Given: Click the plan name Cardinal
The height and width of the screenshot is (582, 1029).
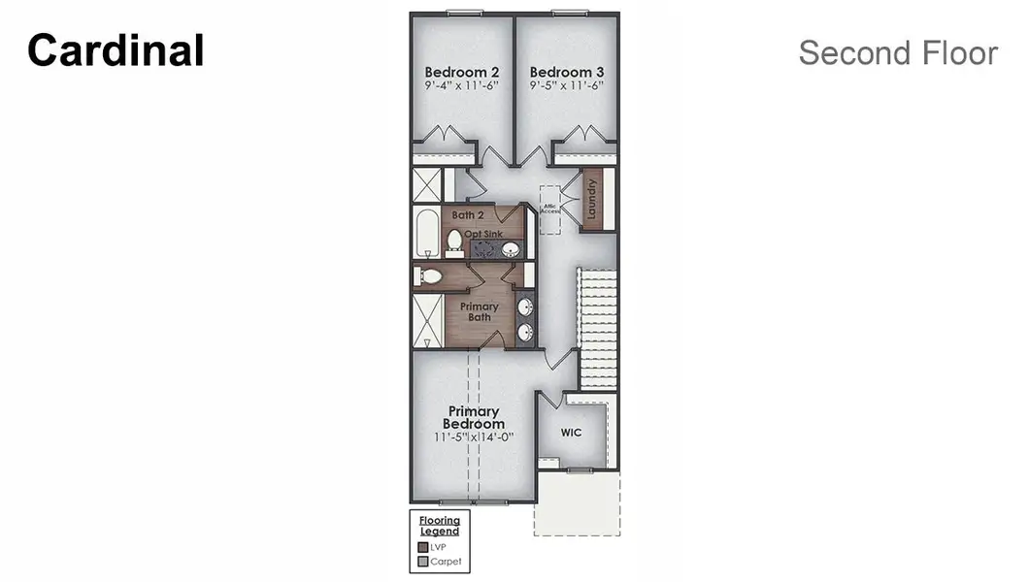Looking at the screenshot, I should pyautogui.click(x=116, y=50).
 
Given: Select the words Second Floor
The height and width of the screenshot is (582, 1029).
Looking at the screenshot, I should pyautogui.click(x=898, y=53).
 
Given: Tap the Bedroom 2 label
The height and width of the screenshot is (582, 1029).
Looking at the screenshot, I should pyautogui.click(x=462, y=72).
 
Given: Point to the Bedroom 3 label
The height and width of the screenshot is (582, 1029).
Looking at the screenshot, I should pyautogui.click(x=567, y=72).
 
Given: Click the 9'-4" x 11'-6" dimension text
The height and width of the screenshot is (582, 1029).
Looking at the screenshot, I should pyautogui.click(x=462, y=85).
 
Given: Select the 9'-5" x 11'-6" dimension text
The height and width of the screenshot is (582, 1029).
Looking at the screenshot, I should pyautogui.click(x=567, y=85).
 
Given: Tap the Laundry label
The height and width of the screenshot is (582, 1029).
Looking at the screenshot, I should pyautogui.click(x=591, y=199).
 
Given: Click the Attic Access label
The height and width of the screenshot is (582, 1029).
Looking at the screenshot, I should pyautogui.click(x=550, y=208).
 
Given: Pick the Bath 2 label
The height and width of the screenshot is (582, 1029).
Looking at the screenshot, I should pyautogui.click(x=468, y=214).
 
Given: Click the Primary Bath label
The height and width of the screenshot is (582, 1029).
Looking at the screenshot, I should pyautogui.click(x=480, y=311).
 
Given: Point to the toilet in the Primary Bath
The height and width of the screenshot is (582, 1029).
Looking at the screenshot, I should pyautogui.click(x=428, y=277).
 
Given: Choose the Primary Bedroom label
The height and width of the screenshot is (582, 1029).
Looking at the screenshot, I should pyautogui.click(x=474, y=418).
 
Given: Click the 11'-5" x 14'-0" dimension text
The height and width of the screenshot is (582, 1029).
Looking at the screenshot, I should pyautogui.click(x=474, y=437).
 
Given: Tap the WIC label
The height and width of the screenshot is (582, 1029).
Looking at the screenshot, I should pyautogui.click(x=572, y=433).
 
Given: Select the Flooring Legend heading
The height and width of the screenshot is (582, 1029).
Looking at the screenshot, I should pyautogui.click(x=440, y=526).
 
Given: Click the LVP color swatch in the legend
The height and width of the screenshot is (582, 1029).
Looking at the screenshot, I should pyautogui.click(x=422, y=547).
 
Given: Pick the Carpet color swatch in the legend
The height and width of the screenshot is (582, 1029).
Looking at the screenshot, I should pyautogui.click(x=422, y=562).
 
